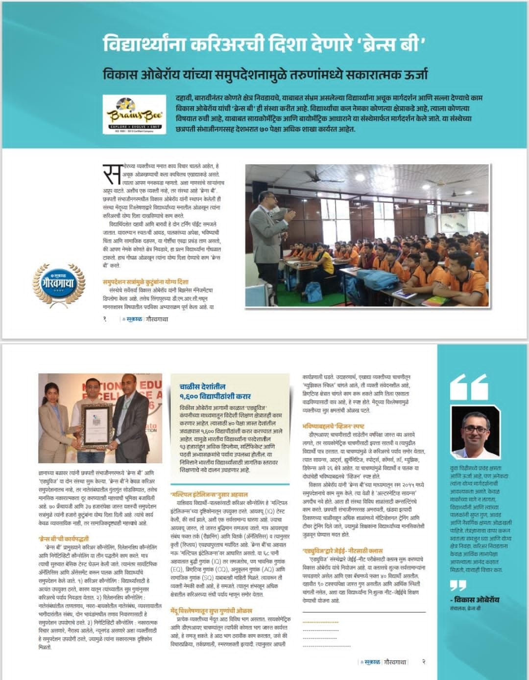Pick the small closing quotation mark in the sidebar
[458, 585]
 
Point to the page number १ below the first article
[105, 319]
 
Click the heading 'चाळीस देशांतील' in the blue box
[202, 386]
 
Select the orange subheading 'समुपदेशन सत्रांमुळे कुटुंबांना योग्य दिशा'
[145, 282]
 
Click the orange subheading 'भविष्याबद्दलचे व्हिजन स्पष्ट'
[333, 426]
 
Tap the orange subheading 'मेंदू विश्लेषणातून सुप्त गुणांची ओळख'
[211, 611]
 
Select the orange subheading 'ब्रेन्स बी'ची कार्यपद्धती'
[64, 539]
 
